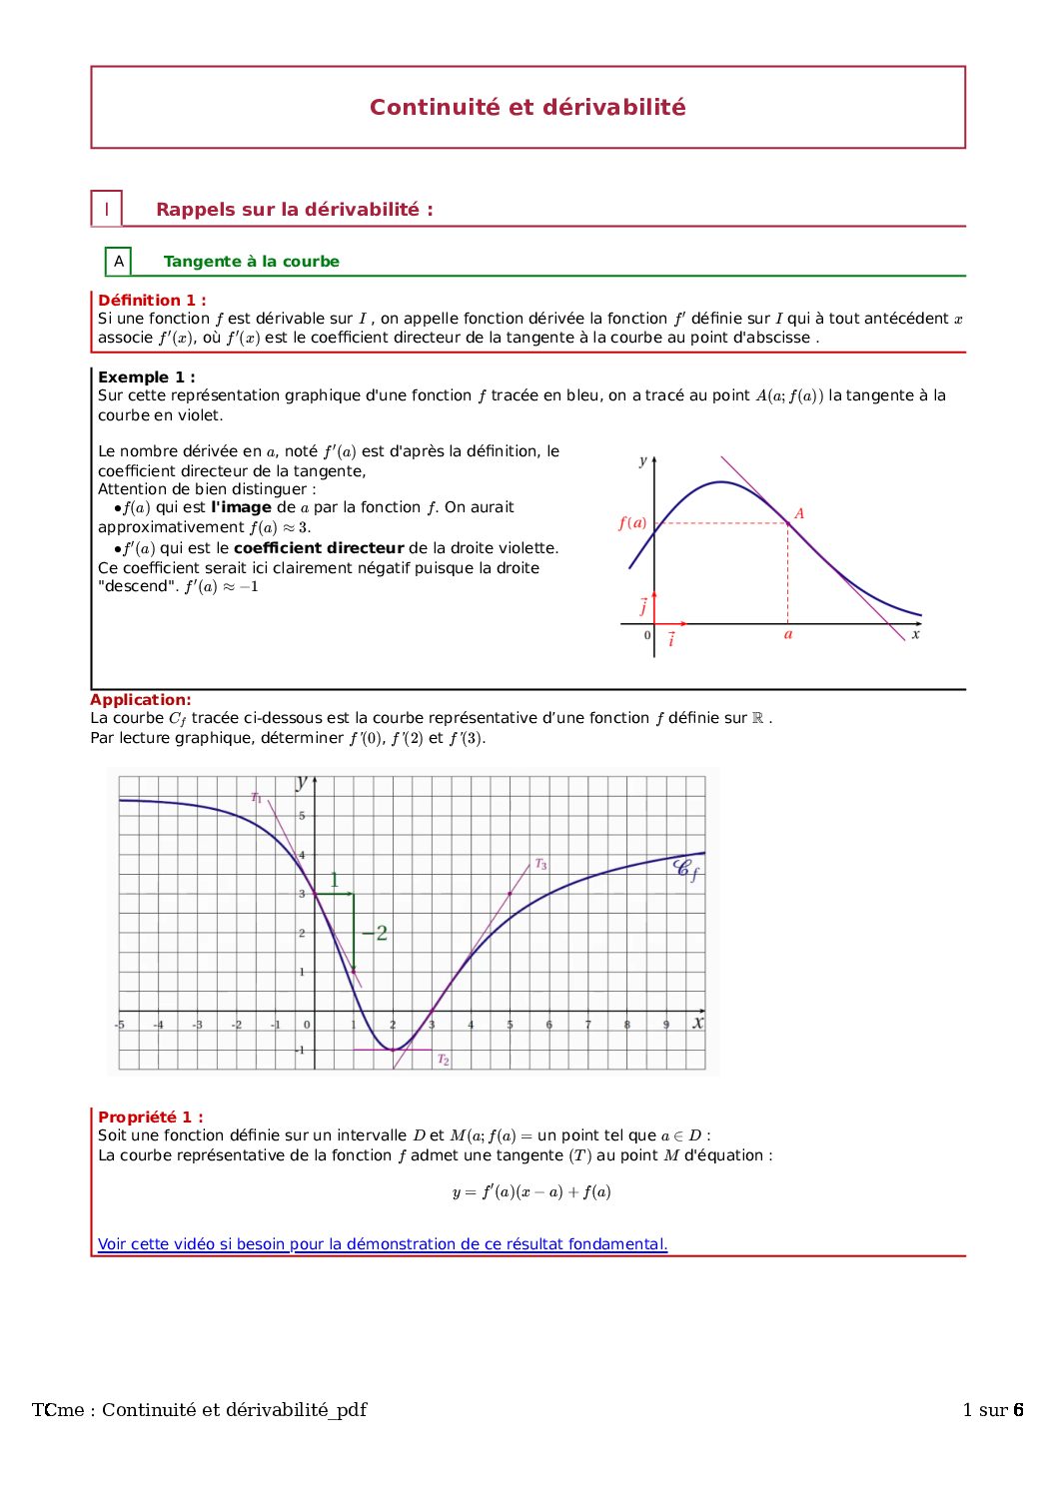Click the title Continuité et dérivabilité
pyautogui.click(x=528, y=107)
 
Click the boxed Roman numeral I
pyautogui.click(x=107, y=210)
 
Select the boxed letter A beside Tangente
pyautogui.click(x=119, y=262)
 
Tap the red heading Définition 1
pyautogui.click(x=152, y=300)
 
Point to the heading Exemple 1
pyautogui.click(x=147, y=376)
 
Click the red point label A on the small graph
pyautogui.click(x=799, y=513)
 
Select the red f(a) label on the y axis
pyautogui.click(x=632, y=522)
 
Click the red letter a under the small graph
pyautogui.click(x=788, y=634)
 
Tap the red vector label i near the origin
pyautogui.click(x=671, y=639)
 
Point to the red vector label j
pyautogui.click(x=643, y=605)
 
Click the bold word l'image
pyautogui.click(x=241, y=507)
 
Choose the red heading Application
pyautogui.click(x=141, y=700)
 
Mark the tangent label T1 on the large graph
pyautogui.click(x=257, y=797)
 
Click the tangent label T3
pyautogui.click(x=540, y=864)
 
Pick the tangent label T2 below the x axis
pyautogui.click(x=444, y=1060)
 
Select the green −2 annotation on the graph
pyautogui.click(x=375, y=933)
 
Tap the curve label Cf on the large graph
pyautogui.click(x=687, y=869)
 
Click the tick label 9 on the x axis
pyautogui.click(x=666, y=1025)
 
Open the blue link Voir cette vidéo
pyautogui.click(x=383, y=1244)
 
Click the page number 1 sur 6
pyautogui.click(x=993, y=1409)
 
